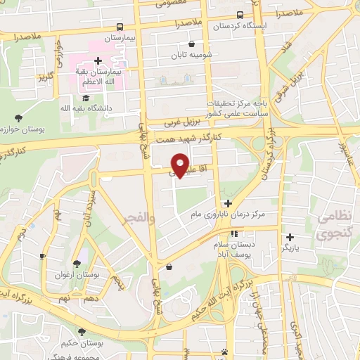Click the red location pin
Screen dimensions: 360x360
coord(181,165)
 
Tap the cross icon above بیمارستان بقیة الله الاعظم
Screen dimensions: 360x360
coord(98,60)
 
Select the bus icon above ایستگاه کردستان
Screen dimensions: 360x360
coord(240,15)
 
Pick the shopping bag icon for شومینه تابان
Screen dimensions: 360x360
coord(182,43)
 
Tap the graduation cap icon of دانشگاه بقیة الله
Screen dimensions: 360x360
coord(86,98)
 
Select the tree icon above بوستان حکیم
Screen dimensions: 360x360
coord(83,331)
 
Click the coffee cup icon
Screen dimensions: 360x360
coord(42,256)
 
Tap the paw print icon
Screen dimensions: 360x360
coord(224,352)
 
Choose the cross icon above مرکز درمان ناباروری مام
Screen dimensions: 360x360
coord(228,203)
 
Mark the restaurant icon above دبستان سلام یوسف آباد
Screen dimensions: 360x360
coord(234,234)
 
